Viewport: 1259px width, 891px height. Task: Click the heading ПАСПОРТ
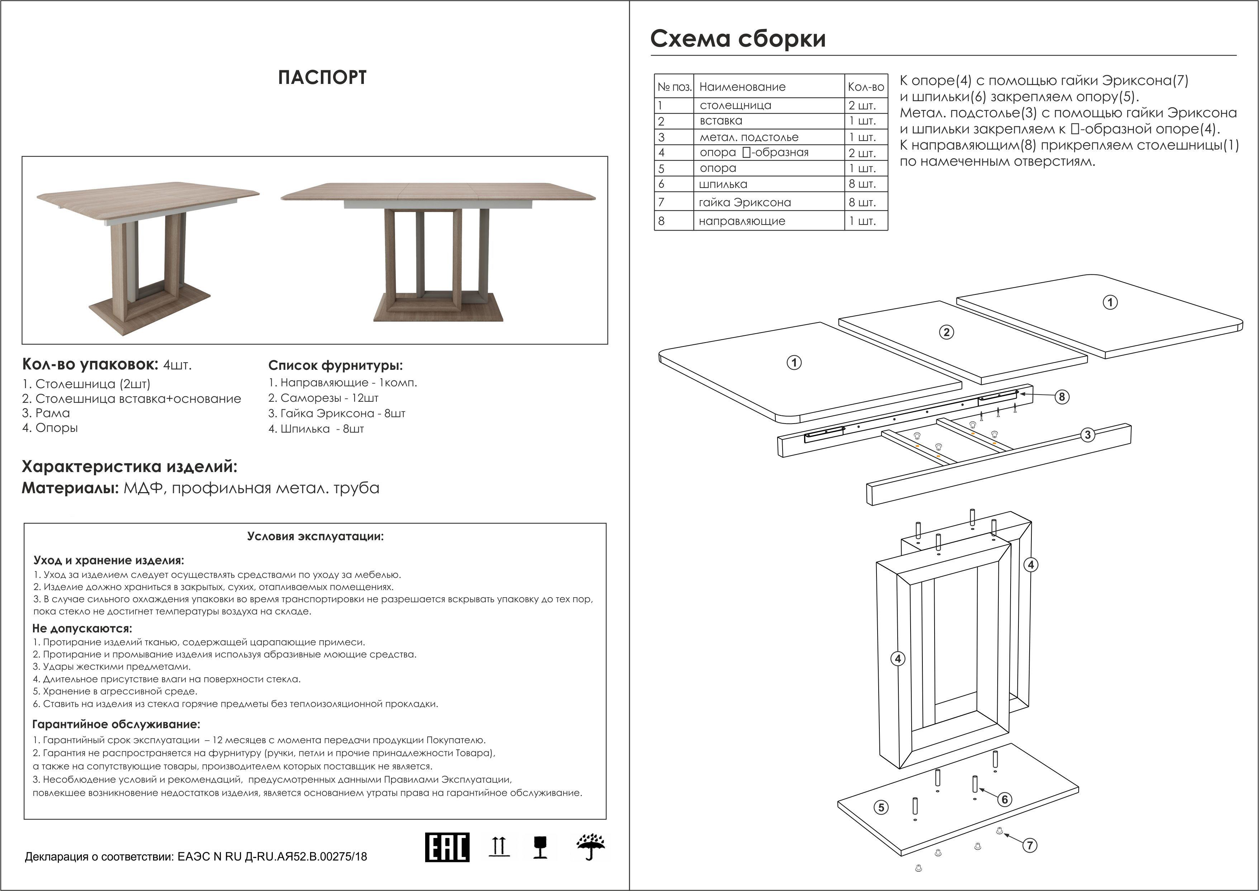pyautogui.click(x=322, y=78)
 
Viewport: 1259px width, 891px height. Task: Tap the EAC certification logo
pyautogui.click(x=447, y=847)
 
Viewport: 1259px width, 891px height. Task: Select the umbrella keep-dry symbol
pyautogui.click(x=590, y=847)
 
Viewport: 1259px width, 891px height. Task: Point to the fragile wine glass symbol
pyautogui.click(x=540, y=847)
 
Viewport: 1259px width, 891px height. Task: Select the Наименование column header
pyautogui.click(x=742, y=87)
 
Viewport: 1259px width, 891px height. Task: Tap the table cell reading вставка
pyautogui.click(x=721, y=121)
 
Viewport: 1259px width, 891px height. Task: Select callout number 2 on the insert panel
pyautogui.click(x=946, y=332)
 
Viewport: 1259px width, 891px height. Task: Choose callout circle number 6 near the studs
pyautogui.click(x=1004, y=800)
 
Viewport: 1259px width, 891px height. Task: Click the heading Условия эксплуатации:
pyautogui.click(x=315, y=536)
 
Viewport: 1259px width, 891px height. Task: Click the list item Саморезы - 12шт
pyautogui.click(x=323, y=398)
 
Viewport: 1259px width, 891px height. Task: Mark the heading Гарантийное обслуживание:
pyautogui.click(x=116, y=724)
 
